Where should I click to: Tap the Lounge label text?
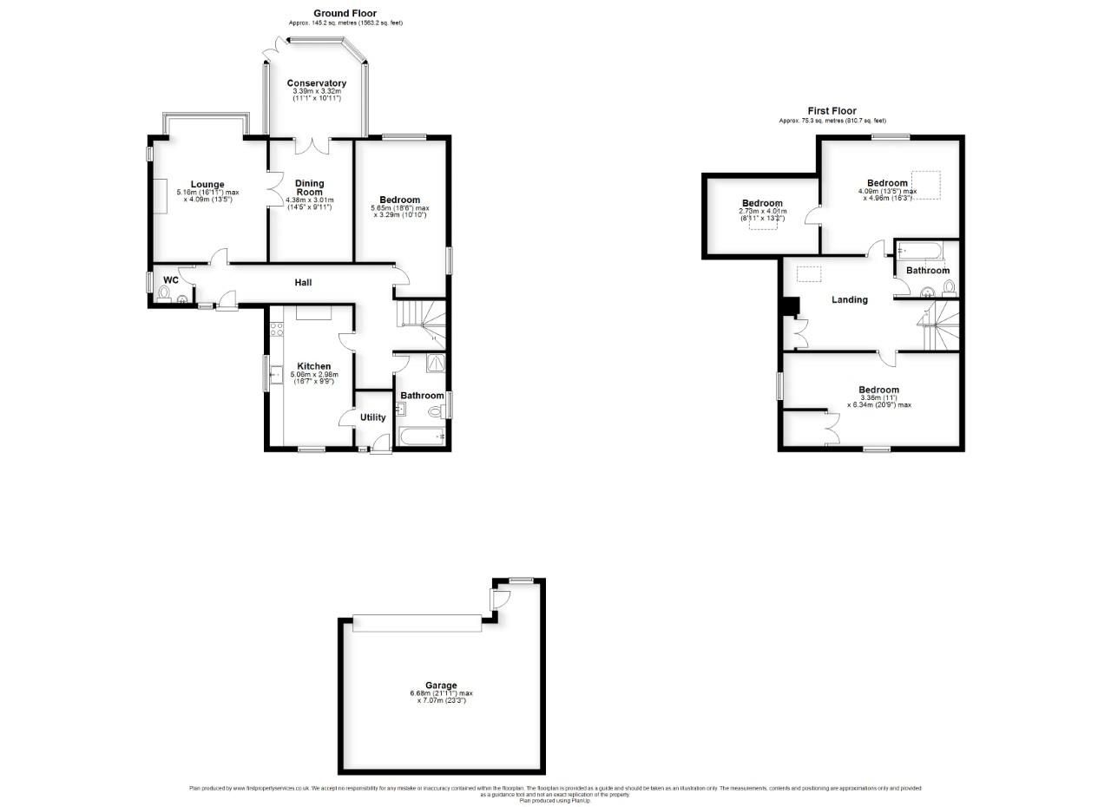point(207,184)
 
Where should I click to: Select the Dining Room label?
point(310,187)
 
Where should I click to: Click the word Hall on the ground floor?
point(303,282)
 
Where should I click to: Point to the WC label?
point(171,280)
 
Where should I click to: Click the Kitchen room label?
point(314,366)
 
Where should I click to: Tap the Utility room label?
point(373,417)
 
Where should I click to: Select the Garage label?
point(441,686)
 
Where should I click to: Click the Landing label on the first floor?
point(849,299)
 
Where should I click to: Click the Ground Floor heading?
point(345,13)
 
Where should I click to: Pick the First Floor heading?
point(832,111)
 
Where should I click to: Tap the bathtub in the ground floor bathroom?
point(421,436)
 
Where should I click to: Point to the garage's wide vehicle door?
point(417,623)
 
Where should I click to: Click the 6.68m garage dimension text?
point(441,693)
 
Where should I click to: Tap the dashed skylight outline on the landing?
point(809,273)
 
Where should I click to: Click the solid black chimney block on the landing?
point(790,306)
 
